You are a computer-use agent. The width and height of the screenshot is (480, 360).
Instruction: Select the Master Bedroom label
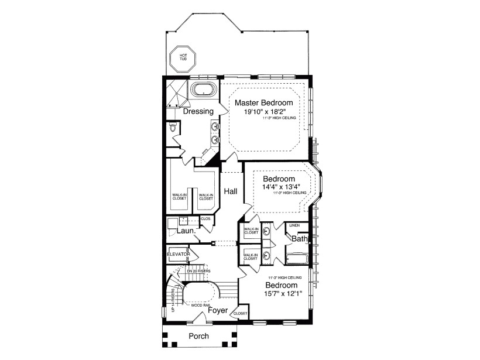point(264,102)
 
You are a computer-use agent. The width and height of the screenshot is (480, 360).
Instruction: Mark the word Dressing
point(198,111)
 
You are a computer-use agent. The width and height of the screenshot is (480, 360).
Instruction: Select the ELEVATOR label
point(178,254)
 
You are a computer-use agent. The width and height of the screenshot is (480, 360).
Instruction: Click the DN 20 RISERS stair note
point(198,271)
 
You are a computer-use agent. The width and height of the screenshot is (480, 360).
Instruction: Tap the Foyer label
point(218,310)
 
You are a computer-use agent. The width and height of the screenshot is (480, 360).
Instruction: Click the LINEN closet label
point(295,225)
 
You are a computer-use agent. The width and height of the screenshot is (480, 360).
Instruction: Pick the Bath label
point(300,239)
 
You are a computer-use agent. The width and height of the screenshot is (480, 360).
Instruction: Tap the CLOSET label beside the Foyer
point(241,314)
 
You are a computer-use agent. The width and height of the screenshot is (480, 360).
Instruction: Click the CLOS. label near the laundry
point(205,219)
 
